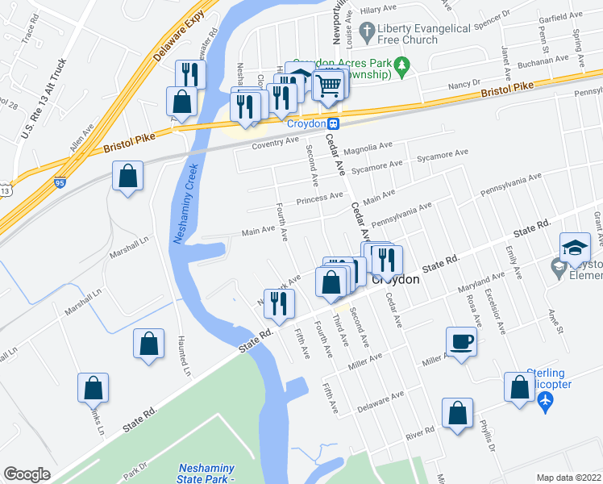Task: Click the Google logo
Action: pos(27,474)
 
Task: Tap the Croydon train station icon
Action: pos(333,123)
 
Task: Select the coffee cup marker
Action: pos(462,340)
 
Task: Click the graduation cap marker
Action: pos(576,247)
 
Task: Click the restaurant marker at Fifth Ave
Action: pos(279,302)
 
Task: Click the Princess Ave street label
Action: pos(319,198)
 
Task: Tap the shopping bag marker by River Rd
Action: pos(457,415)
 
